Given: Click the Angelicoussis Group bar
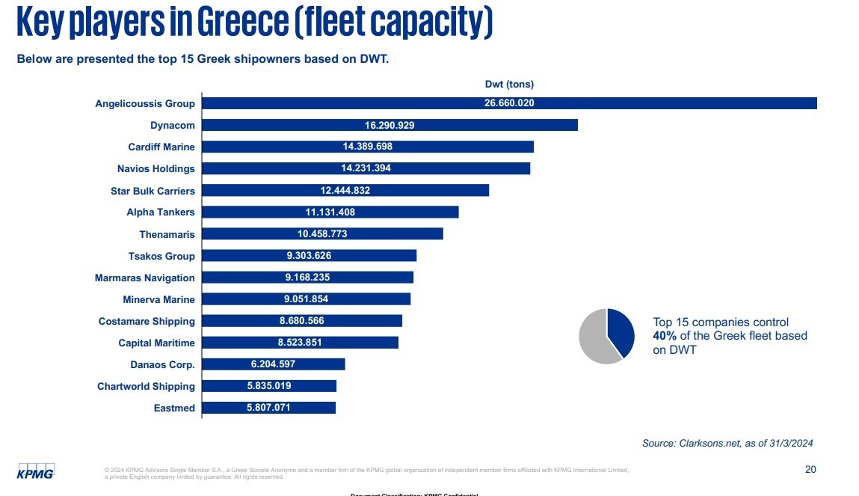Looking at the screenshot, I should (508, 103).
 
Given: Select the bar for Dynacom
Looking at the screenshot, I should (390, 125).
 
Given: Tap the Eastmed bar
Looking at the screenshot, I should (268, 408).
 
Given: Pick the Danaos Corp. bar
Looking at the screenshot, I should (273, 364).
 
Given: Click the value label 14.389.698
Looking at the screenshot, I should (366, 147).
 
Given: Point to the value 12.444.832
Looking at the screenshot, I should (345, 190).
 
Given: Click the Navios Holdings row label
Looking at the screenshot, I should (156, 168).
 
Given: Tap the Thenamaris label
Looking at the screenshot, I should (167, 234).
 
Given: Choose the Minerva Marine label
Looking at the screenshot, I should (158, 299).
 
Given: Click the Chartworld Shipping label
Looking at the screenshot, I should (146, 386).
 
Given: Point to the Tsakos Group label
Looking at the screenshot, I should (161, 256).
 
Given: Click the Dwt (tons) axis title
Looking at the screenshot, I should (509, 85).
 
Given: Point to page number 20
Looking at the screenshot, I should (810, 469).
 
